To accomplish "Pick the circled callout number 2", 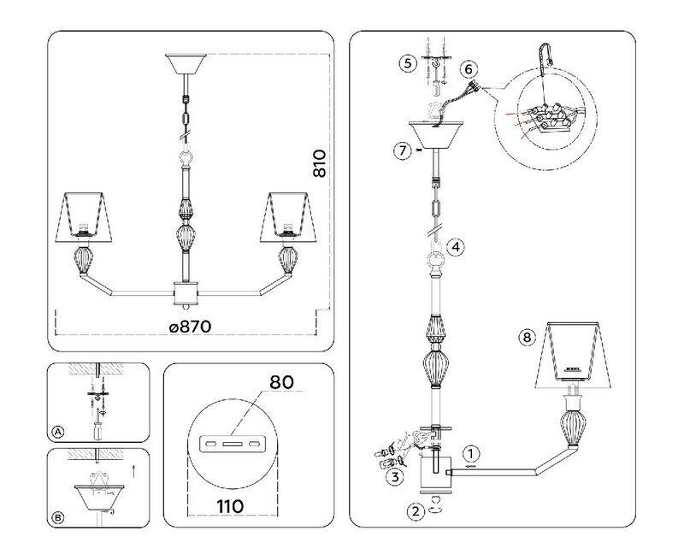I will pos(415,511).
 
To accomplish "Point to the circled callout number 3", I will pos(394,476).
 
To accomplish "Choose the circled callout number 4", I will pos(457,247).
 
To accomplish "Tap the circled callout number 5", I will pos(407,62).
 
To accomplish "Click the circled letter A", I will pos(57,431).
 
